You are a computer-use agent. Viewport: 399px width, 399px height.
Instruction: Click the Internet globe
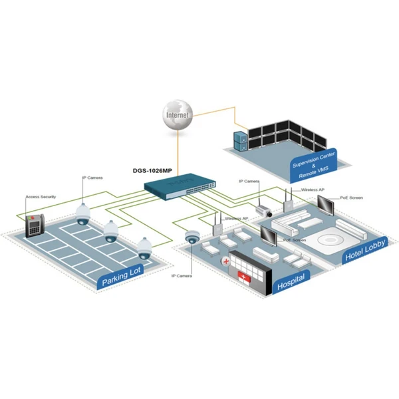point(178,115)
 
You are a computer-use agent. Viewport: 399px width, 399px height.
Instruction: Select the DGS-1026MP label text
point(152,170)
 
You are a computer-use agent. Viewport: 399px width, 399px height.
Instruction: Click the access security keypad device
point(35,225)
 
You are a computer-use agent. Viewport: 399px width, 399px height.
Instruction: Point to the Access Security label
point(41,197)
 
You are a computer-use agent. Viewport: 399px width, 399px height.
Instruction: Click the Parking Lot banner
point(121,277)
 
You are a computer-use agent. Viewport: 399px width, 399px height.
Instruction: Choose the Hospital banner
point(291,282)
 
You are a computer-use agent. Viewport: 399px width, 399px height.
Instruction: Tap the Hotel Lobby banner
point(365,250)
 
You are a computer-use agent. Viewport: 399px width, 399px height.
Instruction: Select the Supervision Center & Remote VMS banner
point(313,166)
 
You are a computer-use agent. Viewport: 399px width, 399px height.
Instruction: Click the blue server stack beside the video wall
point(241,141)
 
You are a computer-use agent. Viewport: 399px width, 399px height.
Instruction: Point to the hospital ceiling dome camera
point(192,237)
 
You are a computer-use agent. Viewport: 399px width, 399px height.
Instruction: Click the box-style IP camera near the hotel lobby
point(263,211)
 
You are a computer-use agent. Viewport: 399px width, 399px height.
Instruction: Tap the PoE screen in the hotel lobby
point(325,205)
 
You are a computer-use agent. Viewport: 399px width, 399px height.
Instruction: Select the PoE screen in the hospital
point(269,236)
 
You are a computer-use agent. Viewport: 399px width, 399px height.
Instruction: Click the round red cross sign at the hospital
point(226,261)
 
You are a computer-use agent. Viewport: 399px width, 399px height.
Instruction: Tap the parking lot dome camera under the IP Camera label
point(83,215)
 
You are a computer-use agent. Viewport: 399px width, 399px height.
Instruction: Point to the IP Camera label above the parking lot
point(92,178)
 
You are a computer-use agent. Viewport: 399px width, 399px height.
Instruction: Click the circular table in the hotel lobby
point(330,240)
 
